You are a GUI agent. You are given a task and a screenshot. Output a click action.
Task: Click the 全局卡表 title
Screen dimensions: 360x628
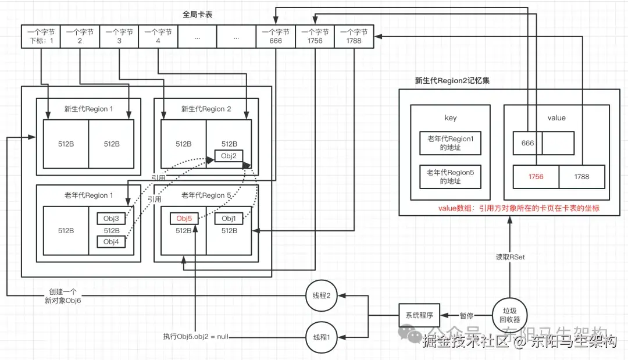pyautogui.click(x=198, y=15)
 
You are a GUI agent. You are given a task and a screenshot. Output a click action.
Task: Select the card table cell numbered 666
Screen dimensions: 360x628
pyautogui.click(x=276, y=37)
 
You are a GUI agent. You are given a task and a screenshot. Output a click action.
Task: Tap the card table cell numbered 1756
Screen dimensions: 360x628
pyautogui.click(x=315, y=37)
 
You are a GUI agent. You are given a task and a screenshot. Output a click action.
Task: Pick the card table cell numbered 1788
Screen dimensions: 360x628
pyautogui.click(x=354, y=37)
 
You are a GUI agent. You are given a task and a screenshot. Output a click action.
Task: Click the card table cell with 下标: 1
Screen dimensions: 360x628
pyautogui.click(x=41, y=37)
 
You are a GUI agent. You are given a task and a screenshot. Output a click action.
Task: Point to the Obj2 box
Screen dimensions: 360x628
pyautogui.click(x=229, y=156)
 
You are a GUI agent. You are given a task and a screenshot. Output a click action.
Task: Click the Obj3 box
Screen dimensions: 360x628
pyautogui.click(x=112, y=219)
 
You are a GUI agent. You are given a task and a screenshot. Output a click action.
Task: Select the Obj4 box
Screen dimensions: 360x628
pyautogui.click(x=112, y=241)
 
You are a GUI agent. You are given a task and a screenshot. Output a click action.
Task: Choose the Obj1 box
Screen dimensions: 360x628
pyautogui.click(x=229, y=219)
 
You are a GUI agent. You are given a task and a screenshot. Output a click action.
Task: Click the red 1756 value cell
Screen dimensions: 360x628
pyautogui.click(x=536, y=177)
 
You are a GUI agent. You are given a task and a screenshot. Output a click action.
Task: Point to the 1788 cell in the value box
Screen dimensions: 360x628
pyautogui.click(x=581, y=177)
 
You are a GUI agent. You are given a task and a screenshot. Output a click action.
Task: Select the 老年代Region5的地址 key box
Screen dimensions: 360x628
pyautogui.click(x=451, y=177)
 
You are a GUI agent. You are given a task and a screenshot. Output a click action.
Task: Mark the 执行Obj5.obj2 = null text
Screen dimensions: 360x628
pyautogui.click(x=195, y=337)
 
